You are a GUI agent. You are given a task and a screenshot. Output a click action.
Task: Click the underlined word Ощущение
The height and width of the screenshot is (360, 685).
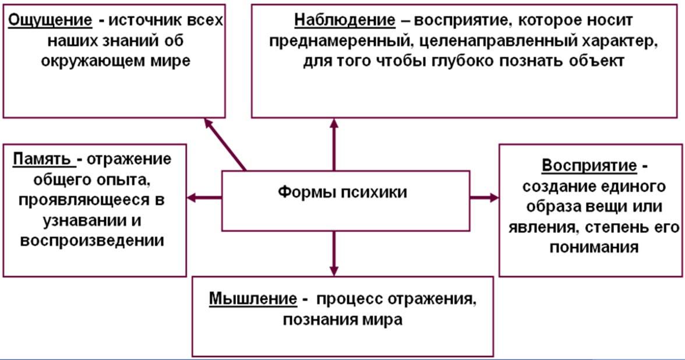50,20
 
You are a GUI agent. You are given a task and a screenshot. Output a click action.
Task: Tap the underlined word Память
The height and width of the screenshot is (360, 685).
44,159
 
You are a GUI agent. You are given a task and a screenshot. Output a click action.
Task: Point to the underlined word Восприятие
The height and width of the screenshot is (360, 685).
589,165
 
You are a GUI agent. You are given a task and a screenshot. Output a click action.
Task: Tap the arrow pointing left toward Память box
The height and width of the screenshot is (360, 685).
204,198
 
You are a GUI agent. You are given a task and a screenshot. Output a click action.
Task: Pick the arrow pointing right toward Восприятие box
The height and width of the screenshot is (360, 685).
484,198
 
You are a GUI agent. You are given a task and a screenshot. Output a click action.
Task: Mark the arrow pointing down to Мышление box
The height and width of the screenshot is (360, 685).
334,253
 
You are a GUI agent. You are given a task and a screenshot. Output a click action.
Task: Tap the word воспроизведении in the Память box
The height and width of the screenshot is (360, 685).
91,241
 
